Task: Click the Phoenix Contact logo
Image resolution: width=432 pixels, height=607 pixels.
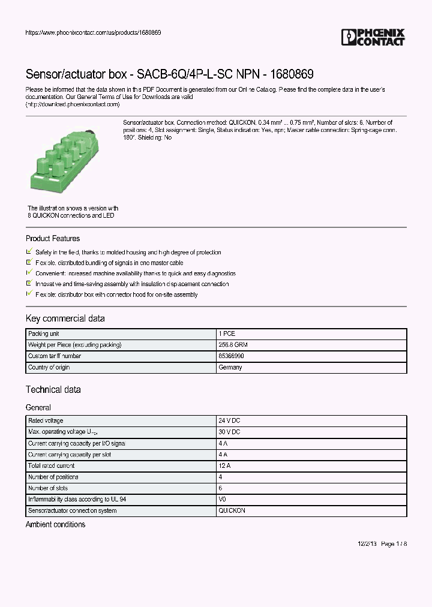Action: tap(373, 37)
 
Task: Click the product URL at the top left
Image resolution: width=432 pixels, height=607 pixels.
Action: tap(92, 32)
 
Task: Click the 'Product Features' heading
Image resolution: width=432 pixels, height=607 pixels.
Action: tap(53, 238)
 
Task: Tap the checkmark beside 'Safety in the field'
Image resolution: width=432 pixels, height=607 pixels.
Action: tap(29, 252)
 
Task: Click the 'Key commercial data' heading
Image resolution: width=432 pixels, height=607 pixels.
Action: tap(65, 318)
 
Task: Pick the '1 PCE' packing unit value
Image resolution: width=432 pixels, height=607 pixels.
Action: tap(227, 333)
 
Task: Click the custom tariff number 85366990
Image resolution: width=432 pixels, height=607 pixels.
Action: tap(231, 356)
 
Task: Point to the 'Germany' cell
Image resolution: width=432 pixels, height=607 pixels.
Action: tap(230, 367)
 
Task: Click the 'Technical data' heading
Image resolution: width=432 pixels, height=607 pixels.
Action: tap(53, 390)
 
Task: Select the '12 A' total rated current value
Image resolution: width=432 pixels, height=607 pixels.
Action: tap(224, 465)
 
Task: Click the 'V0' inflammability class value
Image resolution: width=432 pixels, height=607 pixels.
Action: tap(223, 499)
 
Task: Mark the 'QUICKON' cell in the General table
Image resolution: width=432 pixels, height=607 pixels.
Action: tap(232, 510)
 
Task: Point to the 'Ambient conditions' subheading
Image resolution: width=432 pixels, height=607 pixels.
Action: tap(55, 525)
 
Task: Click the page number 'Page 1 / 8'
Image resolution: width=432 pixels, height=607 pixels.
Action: tap(394, 543)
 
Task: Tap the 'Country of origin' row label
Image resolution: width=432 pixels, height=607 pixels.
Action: tap(49, 367)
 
